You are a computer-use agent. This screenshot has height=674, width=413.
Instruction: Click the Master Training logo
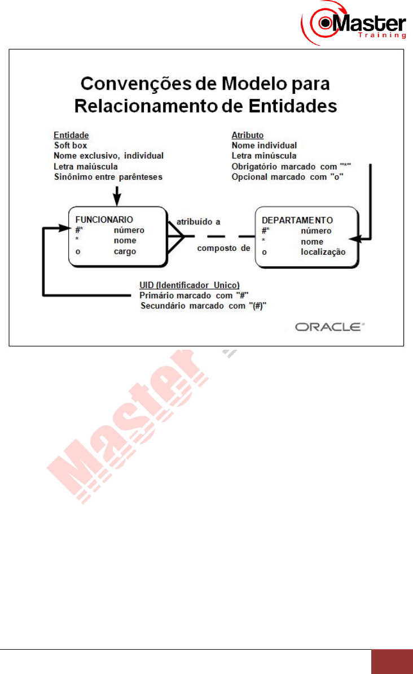[x=354, y=23]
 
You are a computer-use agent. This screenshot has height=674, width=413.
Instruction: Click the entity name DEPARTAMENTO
[x=293, y=220]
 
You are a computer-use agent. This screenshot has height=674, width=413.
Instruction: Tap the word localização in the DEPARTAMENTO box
[x=322, y=251]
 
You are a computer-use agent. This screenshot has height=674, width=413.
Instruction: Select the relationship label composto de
[x=222, y=247]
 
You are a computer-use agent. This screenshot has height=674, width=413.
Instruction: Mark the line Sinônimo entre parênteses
[x=108, y=177]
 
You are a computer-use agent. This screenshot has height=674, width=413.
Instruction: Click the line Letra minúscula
[x=264, y=155]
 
